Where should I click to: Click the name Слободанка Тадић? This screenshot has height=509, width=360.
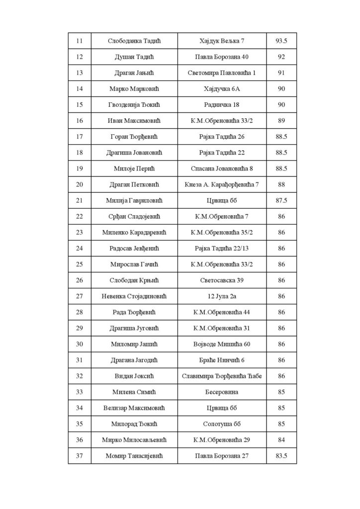click(x=134, y=40)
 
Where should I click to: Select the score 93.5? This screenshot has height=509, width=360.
click(x=281, y=40)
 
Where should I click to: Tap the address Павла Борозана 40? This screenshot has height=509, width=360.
click(x=222, y=57)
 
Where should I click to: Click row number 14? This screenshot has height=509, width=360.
click(x=80, y=88)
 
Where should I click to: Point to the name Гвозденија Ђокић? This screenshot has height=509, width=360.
click(x=134, y=104)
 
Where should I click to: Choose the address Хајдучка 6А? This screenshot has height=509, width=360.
click(x=222, y=88)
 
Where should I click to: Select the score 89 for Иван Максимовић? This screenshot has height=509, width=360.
click(x=281, y=120)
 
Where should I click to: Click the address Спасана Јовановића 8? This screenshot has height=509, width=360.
click(x=222, y=169)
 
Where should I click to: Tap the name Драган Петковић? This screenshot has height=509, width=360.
click(x=134, y=184)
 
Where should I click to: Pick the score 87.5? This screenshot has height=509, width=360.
click(x=281, y=200)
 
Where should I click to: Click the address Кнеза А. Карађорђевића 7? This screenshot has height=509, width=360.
click(x=222, y=184)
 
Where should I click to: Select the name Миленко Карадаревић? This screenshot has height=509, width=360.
click(x=134, y=232)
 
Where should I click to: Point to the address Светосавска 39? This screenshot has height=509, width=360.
click(x=222, y=280)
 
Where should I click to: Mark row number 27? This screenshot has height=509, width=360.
click(x=80, y=296)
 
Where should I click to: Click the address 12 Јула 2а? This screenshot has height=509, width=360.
click(x=222, y=296)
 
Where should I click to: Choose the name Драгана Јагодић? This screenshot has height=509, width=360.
click(x=134, y=360)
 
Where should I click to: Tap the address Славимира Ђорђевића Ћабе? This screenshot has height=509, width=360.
click(x=222, y=376)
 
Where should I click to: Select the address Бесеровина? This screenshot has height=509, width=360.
click(x=222, y=392)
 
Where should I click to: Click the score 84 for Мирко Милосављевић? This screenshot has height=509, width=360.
click(x=281, y=440)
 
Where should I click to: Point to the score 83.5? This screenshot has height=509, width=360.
click(x=281, y=456)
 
